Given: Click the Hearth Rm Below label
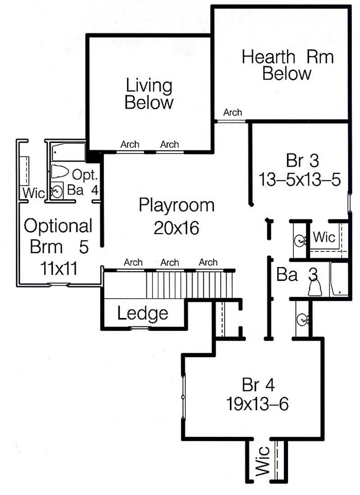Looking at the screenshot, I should (287, 65).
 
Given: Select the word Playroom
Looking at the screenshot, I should (176, 205).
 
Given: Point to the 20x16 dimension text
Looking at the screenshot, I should (176, 228).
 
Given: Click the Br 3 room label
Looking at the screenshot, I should (299, 161).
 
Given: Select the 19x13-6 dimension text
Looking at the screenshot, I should (257, 404).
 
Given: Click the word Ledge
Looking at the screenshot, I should (143, 313).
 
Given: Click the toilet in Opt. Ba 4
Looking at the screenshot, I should (59, 172).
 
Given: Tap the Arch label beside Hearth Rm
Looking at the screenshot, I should (232, 113).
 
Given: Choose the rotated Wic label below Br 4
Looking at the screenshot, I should (263, 461).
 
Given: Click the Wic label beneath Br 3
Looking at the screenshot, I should (324, 236).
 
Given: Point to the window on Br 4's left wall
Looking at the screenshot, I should (183, 396).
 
